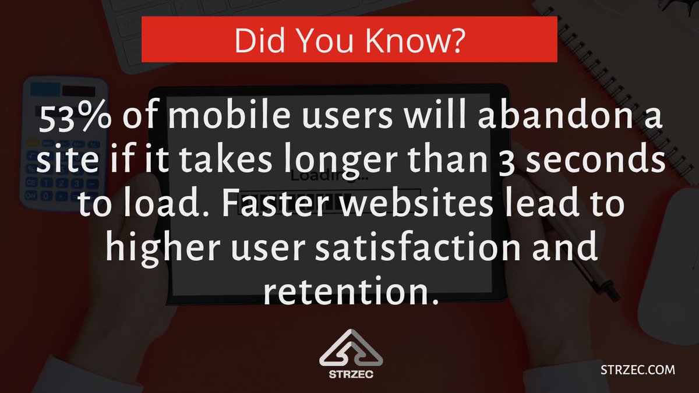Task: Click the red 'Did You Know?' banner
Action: (x=349, y=40)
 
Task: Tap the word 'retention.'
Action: (x=349, y=293)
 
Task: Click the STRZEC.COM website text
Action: (x=637, y=369)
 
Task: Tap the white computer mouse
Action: (x=676, y=250)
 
